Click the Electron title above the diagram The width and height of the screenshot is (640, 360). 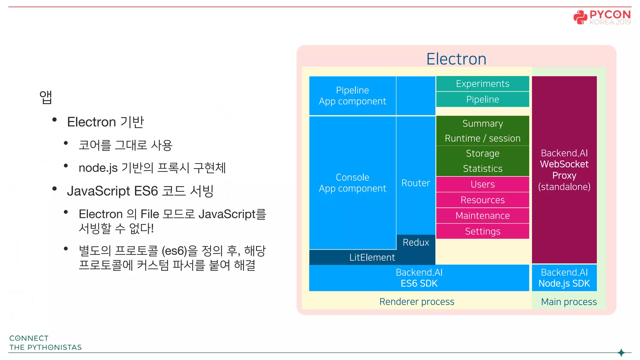456,59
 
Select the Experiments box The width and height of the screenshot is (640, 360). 482,84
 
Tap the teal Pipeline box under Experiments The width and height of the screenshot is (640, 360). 482,99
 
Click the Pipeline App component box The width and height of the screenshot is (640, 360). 352,96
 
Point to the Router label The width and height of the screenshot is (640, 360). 416,183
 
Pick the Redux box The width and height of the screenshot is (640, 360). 416,242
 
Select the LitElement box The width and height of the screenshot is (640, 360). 372,257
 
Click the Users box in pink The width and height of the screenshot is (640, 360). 482,184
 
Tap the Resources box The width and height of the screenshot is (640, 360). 482,200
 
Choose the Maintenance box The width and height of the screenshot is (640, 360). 482,216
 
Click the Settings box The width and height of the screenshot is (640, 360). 482,231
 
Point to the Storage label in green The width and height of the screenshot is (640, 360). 482,153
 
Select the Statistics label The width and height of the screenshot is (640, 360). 482,169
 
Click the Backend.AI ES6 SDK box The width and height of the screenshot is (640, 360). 419,278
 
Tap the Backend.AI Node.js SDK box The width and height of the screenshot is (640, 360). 564,278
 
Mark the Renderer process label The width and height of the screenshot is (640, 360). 417,302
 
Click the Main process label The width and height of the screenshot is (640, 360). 569,302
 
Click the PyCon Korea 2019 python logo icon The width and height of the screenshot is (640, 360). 580,17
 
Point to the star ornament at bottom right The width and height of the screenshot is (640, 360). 621,352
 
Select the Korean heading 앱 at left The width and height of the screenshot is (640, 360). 46,97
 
